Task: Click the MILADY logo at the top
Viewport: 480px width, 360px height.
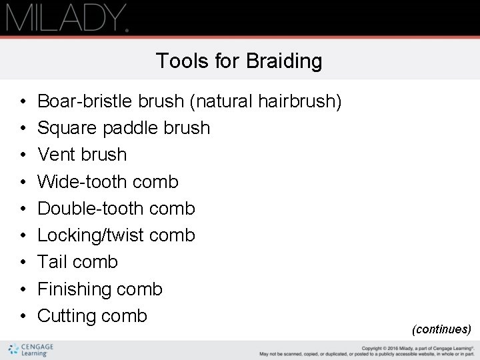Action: (x=67, y=18)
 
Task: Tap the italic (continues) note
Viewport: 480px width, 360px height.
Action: (x=441, y=329)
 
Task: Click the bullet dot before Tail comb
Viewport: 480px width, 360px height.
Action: (x=23, y=263)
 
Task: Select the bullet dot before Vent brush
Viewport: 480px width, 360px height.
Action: (x=23, y=155)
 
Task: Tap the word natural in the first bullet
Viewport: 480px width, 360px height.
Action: (x=223, y=101)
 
